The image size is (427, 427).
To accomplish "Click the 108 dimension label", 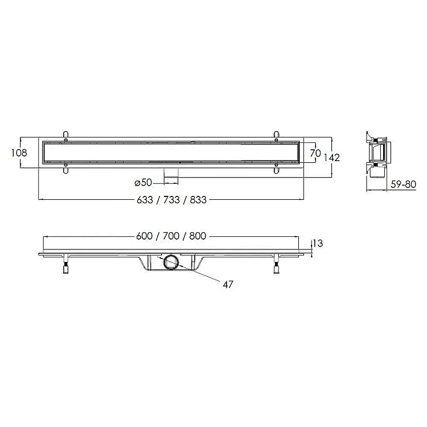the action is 19,153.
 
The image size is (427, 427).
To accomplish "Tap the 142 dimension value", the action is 332,158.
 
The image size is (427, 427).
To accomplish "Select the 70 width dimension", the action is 315,153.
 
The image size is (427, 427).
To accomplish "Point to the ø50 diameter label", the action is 143,182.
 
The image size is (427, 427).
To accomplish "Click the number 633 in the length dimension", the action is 145,200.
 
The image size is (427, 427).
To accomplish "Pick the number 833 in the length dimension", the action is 198,200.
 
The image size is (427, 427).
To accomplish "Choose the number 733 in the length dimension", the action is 171,200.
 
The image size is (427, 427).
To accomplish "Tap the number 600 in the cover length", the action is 145,236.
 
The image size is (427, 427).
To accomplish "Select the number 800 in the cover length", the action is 198,236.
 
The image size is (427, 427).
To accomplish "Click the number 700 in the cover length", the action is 171,236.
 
